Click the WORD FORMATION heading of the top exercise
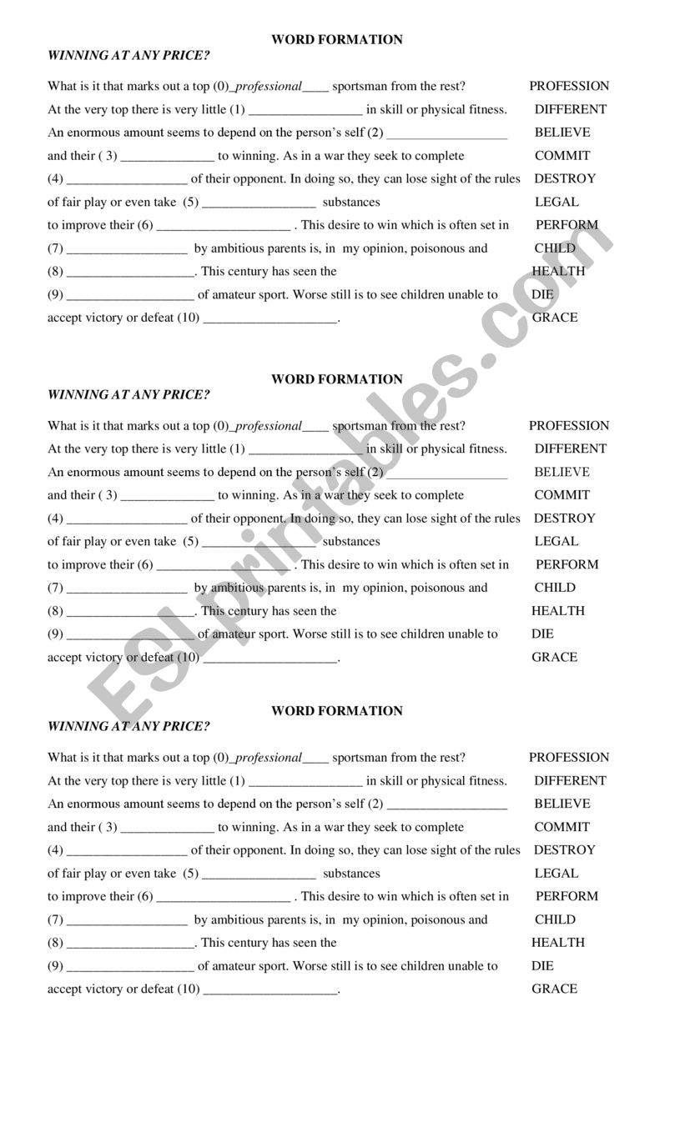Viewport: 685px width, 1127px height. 337,39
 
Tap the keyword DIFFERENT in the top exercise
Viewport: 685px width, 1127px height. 571,109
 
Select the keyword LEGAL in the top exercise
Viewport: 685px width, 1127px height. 557,202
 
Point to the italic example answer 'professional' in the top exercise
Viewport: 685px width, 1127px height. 269,86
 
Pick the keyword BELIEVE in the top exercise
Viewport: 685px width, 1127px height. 562,133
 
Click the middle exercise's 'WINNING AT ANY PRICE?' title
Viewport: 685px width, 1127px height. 128,395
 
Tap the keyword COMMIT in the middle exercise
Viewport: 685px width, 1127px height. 562,495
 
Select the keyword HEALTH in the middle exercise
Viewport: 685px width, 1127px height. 558,611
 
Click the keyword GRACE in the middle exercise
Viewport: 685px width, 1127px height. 555,657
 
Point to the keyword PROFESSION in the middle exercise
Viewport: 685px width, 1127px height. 569,426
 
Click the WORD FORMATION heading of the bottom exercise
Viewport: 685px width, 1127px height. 337,711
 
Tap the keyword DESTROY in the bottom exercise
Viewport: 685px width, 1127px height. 565,850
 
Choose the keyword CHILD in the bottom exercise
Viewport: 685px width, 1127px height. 556,919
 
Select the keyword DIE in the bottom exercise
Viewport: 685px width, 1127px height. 542,966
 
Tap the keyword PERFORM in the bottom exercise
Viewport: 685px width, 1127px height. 567,896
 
